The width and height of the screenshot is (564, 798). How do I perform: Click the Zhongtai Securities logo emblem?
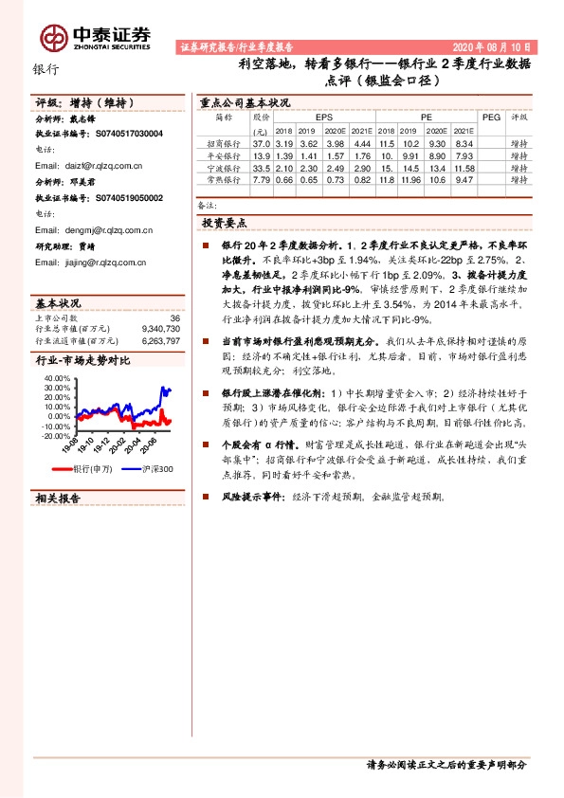point(53,37)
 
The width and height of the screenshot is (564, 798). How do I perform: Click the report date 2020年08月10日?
point(496,45)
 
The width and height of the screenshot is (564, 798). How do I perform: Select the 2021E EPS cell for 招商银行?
point(361,143)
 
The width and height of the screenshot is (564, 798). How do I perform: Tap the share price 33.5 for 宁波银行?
point(263,167)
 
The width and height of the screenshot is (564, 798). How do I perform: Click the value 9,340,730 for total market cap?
point(159,328)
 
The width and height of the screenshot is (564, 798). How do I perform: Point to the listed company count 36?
point(173,317)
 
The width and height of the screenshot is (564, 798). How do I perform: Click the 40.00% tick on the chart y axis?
point(56,377)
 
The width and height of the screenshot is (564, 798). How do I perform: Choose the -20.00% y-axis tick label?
point(56,437)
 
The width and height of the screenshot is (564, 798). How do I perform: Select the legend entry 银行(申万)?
point(91,469)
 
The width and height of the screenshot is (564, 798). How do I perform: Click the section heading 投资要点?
point(225,223)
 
